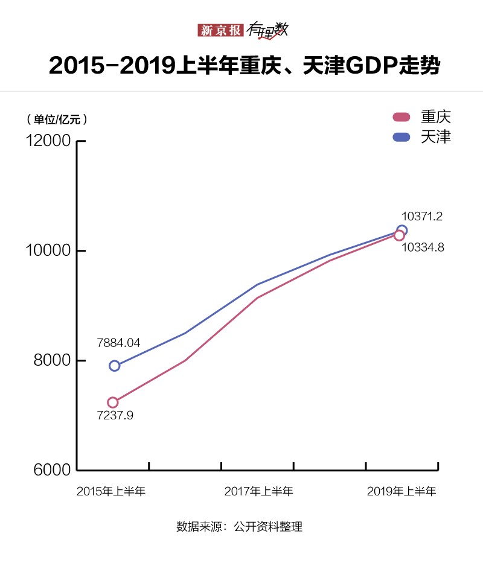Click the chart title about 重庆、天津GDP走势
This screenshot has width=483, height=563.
[241, 66]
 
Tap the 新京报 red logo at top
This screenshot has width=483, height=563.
[220, 30]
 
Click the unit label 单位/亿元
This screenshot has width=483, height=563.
[57, 119]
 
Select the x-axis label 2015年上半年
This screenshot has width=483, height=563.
[111, 492]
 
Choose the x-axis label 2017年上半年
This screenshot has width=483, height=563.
[258, 492]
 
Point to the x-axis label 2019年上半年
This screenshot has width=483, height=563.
[401, 492]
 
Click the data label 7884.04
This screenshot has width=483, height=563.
[118, 343]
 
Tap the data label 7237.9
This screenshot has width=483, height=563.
[115, 416]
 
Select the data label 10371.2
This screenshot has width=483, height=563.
[422, 216]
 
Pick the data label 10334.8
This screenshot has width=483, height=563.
[423, 247]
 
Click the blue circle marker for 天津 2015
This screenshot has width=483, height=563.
[114, 366]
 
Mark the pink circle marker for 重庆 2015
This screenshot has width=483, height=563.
[113, 402]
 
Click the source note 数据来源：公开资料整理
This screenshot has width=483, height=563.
[239, 526]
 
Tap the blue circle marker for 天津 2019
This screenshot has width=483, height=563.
[402, 230]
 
